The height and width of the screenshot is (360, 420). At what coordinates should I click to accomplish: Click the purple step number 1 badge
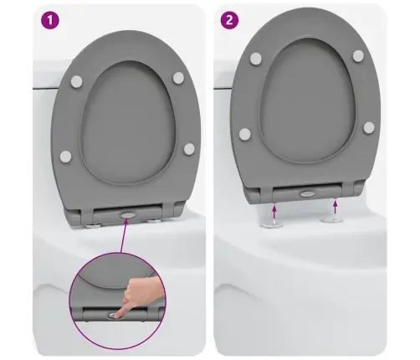point(50,20)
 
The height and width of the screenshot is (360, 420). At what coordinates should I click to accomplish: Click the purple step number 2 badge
point(229,20)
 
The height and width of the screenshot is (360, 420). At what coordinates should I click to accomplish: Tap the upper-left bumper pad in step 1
point(76,81)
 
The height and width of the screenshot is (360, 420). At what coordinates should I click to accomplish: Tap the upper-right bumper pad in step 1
point(178,78)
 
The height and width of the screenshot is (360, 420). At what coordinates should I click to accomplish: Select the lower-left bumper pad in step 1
point(65,157)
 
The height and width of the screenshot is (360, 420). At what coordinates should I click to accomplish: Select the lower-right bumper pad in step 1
point(189,149)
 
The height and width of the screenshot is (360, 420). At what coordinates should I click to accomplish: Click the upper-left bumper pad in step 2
point(256,59)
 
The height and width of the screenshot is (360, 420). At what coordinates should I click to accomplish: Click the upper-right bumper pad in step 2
point(358,56)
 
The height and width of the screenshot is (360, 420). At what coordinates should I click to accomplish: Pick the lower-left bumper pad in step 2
point(244,134)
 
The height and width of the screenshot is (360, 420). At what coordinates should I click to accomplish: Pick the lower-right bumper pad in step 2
point(369,127)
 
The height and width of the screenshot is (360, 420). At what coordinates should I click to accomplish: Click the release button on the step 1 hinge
point(127,215)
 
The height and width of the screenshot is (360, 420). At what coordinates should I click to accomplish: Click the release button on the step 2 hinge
point(307,193)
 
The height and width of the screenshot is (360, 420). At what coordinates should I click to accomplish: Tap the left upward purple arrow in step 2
point(274,212)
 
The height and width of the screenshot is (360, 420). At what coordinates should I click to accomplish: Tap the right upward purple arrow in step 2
point(335,208)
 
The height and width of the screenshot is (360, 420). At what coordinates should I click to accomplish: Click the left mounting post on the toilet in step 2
point(272,224)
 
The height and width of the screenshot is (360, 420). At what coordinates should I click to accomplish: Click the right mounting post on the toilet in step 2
point(332,219)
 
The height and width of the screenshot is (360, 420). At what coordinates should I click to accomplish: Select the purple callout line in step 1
point(124,236)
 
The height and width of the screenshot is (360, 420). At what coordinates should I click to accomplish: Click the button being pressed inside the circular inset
point(111,316)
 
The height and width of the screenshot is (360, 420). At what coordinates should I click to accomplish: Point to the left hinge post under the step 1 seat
point(92,225)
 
